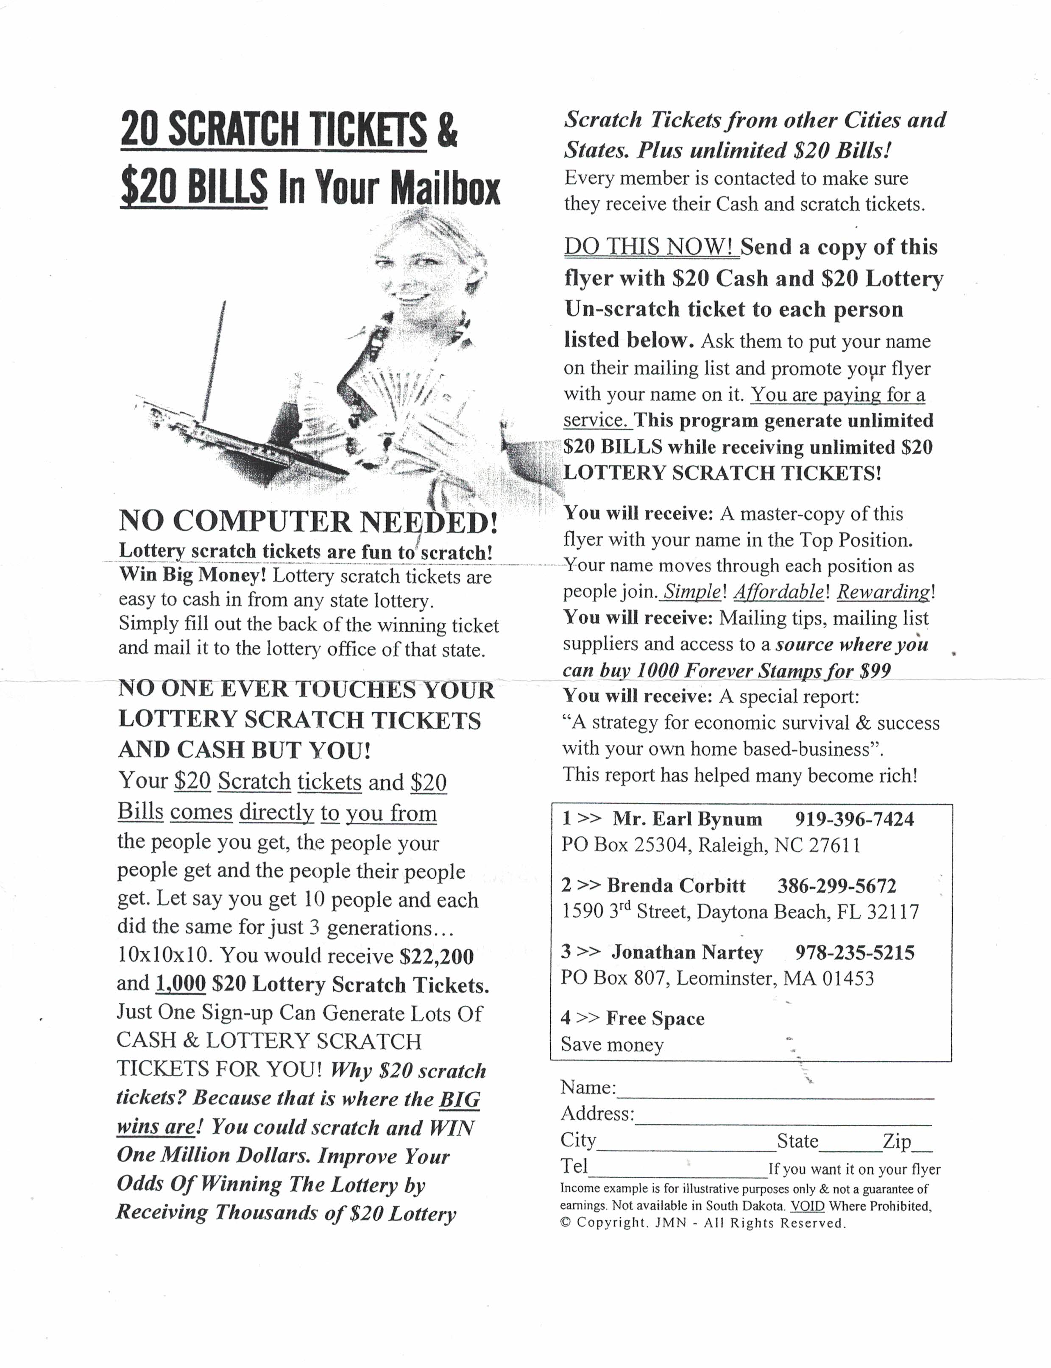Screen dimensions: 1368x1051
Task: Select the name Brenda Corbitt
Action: [x=676, y=886]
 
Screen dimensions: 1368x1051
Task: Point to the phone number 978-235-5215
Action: [x=855, y=952]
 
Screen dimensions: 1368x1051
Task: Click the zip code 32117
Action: [x=893, y=912]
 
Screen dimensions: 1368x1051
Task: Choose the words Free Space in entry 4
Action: [x=655, y=1018]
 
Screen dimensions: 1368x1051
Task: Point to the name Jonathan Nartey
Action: [x=687, y=952]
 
